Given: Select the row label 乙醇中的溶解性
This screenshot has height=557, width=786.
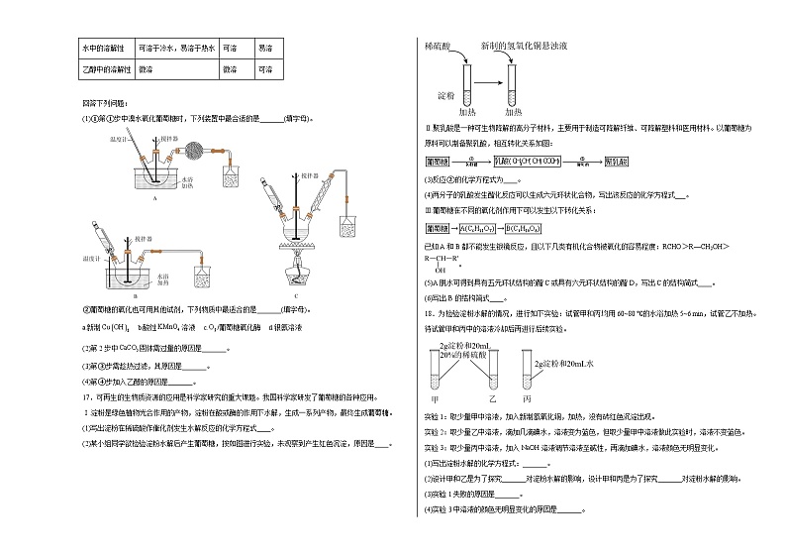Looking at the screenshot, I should (105, 70).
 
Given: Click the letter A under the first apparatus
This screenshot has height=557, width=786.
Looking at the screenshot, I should (156, 197).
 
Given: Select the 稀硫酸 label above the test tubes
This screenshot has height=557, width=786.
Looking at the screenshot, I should (438, 47).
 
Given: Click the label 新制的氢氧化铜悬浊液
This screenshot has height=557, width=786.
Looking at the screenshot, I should (523, 47).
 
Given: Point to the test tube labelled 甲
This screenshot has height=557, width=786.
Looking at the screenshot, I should (438, 374).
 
